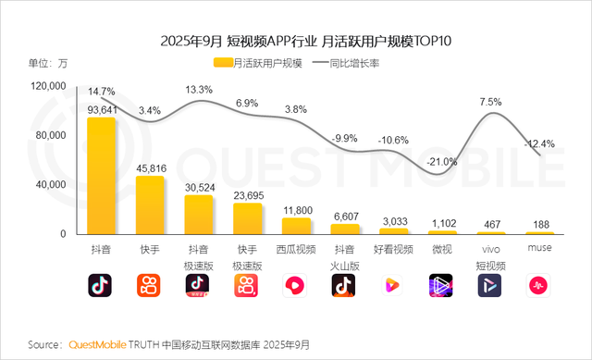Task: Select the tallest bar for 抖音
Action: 102,176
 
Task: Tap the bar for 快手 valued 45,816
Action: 150,205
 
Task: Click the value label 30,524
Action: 199,188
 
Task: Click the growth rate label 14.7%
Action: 102,92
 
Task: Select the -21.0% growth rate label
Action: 442,162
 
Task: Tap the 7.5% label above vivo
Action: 490,102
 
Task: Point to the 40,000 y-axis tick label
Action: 49,185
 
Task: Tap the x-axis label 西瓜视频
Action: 296,250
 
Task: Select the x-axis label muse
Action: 539,250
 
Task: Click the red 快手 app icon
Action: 150,285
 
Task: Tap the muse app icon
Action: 539,285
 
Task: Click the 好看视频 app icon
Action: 393,285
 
